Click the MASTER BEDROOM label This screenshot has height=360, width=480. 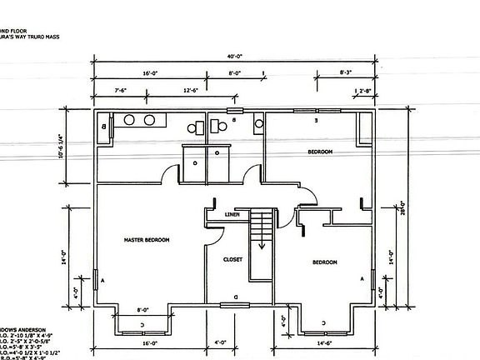(147, 240)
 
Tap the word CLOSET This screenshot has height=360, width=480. (232, 259)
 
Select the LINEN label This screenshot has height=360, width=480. (232, 215)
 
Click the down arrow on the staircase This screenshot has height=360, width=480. (262, 244)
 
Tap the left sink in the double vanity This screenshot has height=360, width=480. (130, 120)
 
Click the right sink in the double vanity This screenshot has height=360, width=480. (150, 120)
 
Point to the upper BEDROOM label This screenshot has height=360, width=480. (320, 152)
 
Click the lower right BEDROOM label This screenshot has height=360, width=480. (325, 262)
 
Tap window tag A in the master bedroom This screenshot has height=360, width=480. (102, 281)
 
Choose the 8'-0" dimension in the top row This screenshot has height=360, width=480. (236, 73)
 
